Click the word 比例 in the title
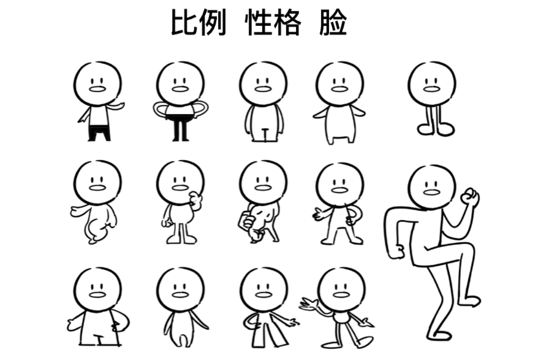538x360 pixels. [x=199, y=23]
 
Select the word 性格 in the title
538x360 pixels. [x=273, y=23]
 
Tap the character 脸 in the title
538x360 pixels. [x=333, y=23]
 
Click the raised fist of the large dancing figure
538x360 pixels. [x=469, y=197]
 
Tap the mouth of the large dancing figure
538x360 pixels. [x=431, y=193]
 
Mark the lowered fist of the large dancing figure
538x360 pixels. [x=399, y=251]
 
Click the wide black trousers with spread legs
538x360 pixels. [x=99, y=133]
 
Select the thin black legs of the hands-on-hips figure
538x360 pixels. [x=181, y=129]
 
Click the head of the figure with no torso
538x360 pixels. [x=432, y=83]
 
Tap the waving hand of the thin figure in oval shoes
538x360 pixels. [x=310, y=305]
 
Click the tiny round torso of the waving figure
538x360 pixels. [x=342, y=318]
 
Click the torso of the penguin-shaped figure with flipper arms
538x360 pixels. [x=339, y=124]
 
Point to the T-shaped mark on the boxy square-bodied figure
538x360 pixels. [x=99, y=339]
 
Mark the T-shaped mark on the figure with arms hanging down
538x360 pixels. [x=265, y=134]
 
